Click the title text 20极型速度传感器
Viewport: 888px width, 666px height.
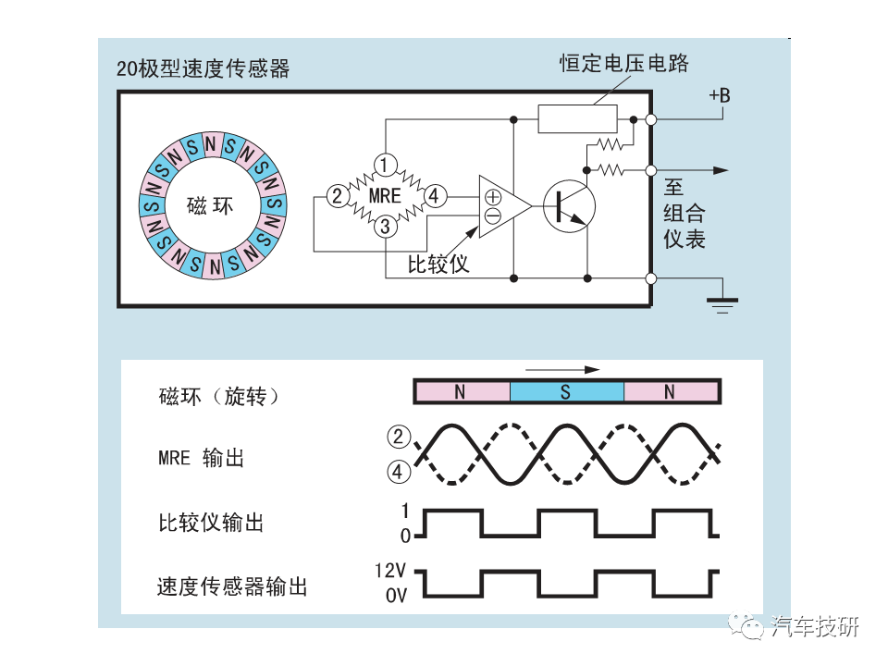click(x=203, y=68)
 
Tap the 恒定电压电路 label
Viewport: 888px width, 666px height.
click(x=624, y=63)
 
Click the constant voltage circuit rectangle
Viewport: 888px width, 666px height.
click(x=577, y=119)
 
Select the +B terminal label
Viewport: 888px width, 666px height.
click(x=720, y=95)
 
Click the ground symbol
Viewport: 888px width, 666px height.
click(x=722, y=304)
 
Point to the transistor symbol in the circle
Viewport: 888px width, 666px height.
click(x=569, y=206)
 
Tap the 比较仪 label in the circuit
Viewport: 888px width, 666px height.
click(x=438, y=264)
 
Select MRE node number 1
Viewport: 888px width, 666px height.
click(x=385, y=165)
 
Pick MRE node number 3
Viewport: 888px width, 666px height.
click(x=385, y=227)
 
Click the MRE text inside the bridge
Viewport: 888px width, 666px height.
click(x=385, y=196)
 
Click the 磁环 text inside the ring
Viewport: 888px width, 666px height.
click(x=210, y=205)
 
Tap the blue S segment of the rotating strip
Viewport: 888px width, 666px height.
click(x=566, y=391)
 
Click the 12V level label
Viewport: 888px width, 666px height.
click(x=390, y=571)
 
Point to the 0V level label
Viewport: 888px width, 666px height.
click(x=397, y=595)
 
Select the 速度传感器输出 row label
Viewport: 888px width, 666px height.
click(x=232, y=586)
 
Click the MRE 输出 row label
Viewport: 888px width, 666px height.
click(x=201, y=458)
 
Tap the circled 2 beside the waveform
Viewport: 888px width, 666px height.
click(x=398, y=437)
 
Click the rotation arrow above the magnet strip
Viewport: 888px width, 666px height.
click(x=562, y=370)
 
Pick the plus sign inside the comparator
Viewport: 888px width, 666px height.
click(x=493, y=197)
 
